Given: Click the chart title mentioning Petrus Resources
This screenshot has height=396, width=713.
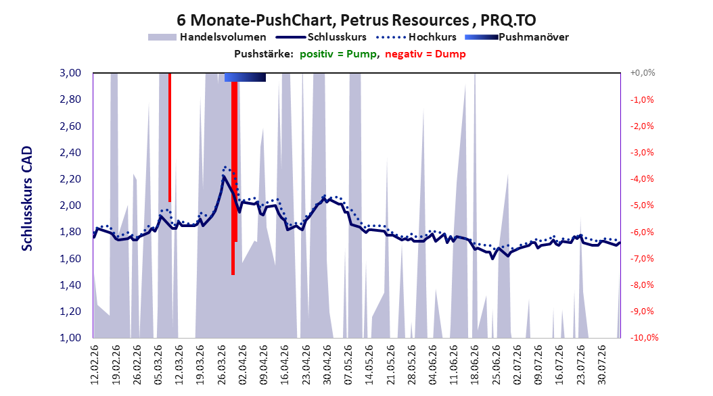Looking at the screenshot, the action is [356, 20].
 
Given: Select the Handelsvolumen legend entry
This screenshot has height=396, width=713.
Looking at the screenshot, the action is [207, 37].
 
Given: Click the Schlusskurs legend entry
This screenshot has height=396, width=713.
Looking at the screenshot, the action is [321, 37].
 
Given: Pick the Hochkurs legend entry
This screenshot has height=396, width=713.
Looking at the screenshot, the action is [416, 37].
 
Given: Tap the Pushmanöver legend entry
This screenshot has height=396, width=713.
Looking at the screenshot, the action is [517, 37].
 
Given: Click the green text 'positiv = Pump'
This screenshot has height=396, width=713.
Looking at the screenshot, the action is [338, 54].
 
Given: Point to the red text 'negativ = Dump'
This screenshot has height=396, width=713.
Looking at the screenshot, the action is [425, 54].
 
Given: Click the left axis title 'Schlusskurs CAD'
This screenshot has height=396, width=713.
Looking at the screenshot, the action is [27, 199].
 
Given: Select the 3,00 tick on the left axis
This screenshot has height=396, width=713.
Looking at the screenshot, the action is [70, 73].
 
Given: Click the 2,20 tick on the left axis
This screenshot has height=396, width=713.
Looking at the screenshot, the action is [70, 178].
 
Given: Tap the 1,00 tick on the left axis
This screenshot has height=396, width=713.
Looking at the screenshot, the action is [70, 337].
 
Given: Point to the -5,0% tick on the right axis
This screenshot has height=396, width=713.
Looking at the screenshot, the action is [642, 205].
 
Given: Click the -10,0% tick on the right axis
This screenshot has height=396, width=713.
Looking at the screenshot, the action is [644, 337].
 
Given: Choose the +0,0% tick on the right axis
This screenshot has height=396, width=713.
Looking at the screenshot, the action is [643, 73].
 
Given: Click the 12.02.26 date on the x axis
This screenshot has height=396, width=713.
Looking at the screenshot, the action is [95, 365].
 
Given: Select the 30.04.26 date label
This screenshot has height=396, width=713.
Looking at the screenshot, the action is [327, 365].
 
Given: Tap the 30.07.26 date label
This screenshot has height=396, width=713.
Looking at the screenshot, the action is [601, 365].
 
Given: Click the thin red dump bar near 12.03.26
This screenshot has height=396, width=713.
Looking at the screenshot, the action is [170, 137].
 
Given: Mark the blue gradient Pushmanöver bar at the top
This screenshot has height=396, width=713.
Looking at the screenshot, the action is [245, 77].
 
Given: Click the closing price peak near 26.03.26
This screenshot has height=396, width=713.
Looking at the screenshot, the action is [223, 176].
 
